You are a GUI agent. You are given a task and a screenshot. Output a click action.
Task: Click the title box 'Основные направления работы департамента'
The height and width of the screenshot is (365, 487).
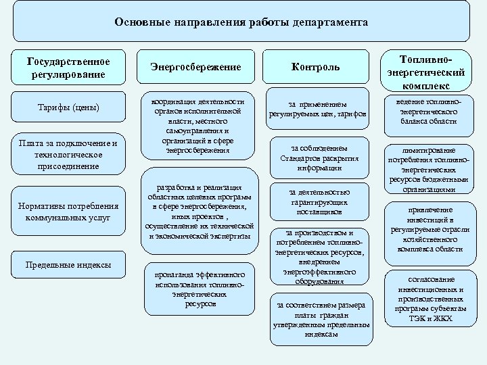click(x=241, y=22)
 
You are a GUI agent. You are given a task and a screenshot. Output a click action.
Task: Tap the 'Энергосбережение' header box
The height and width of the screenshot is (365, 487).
click(x=195, y=68)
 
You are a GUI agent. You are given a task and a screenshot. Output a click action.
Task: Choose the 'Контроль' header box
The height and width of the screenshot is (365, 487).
click(x=315, y=68)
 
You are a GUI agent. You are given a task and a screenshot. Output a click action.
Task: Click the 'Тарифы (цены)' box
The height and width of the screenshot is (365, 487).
click(x=69, y=107)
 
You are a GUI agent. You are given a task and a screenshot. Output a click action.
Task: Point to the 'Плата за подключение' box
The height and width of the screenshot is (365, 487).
click(x=69, y=154)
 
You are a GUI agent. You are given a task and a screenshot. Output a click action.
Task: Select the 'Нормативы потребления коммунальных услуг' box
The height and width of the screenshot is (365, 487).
click(x=69, y=212)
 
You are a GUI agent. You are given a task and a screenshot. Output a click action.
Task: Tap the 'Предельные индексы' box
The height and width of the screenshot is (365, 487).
click(x=69, y=265)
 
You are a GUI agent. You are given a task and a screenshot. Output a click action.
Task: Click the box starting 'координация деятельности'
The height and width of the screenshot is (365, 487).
click(x=197, y=126)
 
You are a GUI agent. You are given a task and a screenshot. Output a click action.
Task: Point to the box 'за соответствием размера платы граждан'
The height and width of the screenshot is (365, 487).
click(x=319, y=318)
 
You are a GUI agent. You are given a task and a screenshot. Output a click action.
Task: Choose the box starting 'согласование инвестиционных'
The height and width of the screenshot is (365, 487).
click(x=426, y=297)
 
